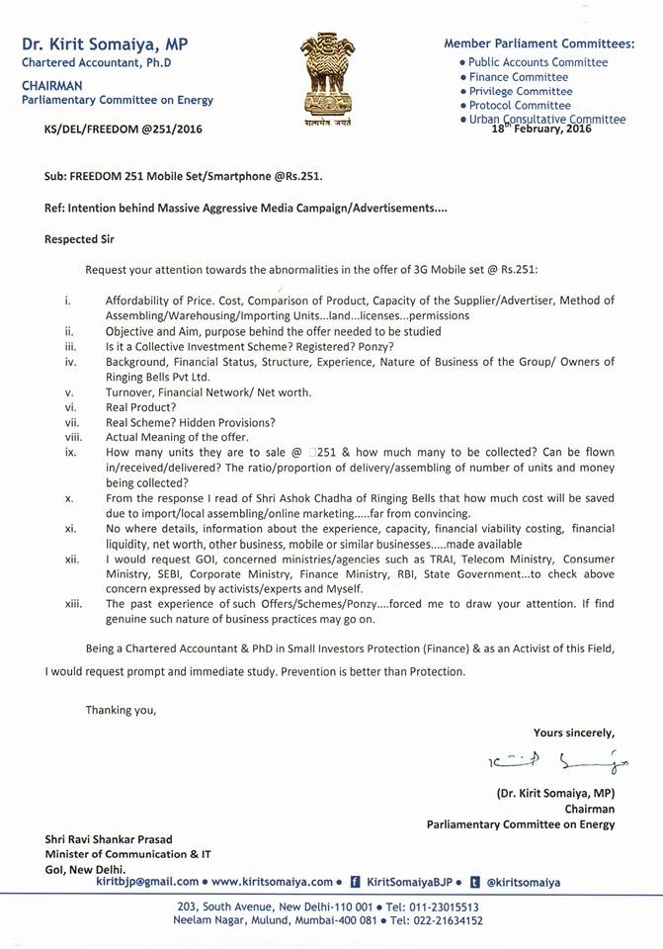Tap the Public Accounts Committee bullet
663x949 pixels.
(538, 61)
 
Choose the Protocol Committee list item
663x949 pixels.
(519, 105)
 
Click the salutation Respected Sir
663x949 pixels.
(83, 238)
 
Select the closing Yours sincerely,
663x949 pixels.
(573, 733)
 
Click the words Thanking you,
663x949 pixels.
(121, 709)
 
